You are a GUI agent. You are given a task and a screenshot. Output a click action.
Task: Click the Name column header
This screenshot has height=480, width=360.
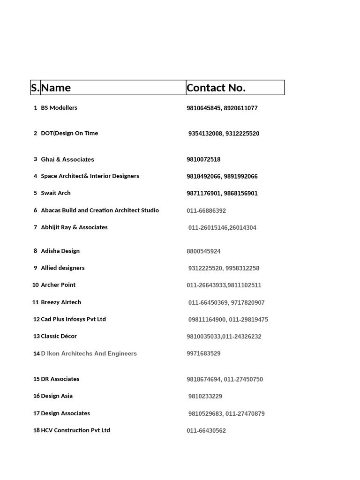click(x=56, y=88)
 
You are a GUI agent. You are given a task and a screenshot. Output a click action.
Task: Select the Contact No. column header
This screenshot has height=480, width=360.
click(x=216, y=88)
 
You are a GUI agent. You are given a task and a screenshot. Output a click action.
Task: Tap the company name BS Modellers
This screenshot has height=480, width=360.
click(x=59, y=108)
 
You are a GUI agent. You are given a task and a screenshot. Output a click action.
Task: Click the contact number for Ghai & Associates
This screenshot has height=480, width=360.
click(x=203, y=159)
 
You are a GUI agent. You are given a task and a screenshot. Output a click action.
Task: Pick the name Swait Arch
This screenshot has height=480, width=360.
click(x=56, y=193)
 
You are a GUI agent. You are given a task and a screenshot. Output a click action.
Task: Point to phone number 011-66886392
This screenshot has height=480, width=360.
click(x=206, y=211)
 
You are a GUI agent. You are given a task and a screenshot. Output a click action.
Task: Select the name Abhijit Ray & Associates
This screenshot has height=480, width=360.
click(x=74, y=227)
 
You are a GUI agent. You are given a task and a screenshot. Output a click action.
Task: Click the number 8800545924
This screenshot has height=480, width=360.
click(x=203, y=251)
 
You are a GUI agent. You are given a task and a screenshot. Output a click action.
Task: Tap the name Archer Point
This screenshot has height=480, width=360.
click(x=58, y=285)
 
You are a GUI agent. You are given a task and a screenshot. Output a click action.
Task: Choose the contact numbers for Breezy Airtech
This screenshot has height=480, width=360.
click(x=226, y=303)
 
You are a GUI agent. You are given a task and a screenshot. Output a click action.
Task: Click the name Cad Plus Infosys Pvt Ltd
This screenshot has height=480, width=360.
click(x=73, y=319)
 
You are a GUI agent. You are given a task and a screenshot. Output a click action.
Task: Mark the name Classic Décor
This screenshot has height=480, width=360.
click(x=59, y=336)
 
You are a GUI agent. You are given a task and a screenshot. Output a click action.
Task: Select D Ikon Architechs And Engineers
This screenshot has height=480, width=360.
click(x=89, y=353)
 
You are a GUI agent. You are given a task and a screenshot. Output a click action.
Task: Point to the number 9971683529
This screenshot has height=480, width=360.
click(x=203, y=353)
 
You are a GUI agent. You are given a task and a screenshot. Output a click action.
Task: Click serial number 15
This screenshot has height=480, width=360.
click(x=36, y=379)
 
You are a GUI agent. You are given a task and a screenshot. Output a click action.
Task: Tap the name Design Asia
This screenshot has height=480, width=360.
click(x=57, y=396)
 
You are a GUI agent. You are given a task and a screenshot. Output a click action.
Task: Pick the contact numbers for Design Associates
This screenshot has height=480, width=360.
click(x=226, y=413)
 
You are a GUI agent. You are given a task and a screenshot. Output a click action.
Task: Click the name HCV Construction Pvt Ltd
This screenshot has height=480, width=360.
click(x=75, y=430)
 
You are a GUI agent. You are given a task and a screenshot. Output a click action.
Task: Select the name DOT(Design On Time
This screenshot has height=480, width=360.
click(x=69, y=133)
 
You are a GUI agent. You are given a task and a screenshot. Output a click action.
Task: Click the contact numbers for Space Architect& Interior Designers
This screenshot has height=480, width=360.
click(x=222, y=176)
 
